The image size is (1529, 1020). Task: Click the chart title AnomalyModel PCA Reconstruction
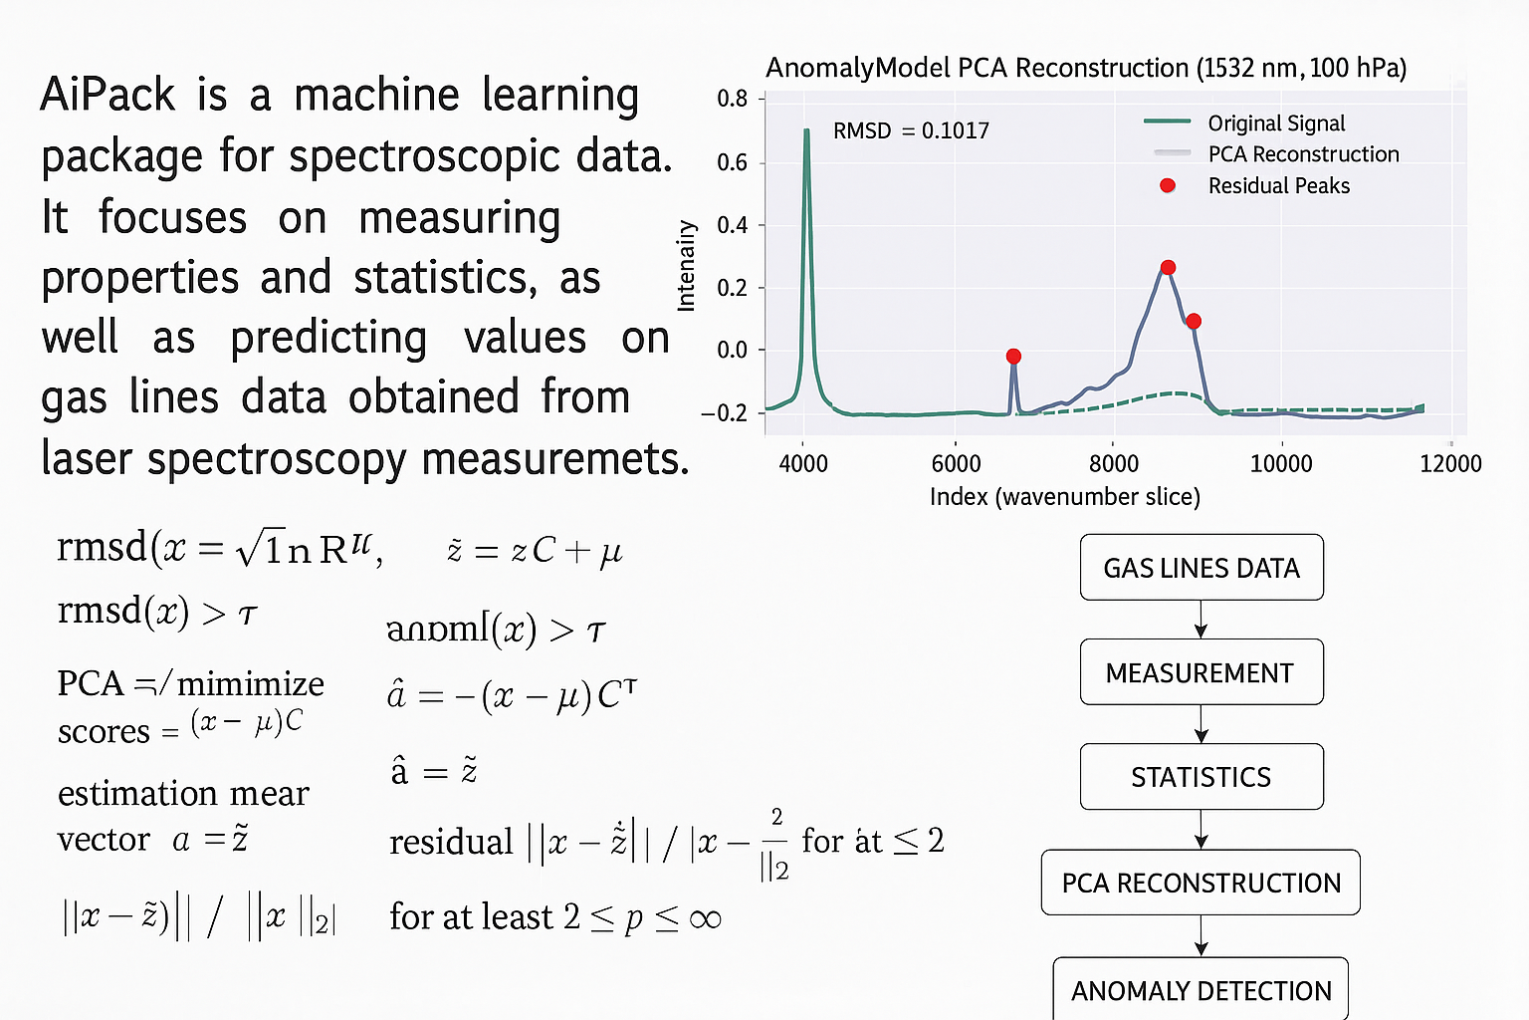[x=1085, y=68]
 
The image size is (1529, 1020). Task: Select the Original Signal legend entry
[x=1275, y=124]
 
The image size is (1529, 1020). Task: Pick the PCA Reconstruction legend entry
[x=1303, y=154]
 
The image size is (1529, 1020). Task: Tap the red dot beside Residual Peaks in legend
[x=1168, y=185]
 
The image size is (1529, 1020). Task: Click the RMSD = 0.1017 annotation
[x=911, y=130]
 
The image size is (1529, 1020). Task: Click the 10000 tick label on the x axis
[x=1280, y=464]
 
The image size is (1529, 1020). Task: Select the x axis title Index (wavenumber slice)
[x=1064, y=497]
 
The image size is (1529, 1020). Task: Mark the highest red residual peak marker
[x=1168, y=267]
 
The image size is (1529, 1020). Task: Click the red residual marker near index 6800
[x=1013, y=357]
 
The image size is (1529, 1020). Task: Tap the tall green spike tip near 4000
[x=806, y=132]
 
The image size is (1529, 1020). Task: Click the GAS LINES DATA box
[x=1201, y=568]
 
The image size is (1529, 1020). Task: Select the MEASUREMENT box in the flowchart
[x=1201, y=672]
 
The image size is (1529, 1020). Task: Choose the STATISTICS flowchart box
[x=1201, y=777]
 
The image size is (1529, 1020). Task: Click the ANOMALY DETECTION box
[x=1201, y=990]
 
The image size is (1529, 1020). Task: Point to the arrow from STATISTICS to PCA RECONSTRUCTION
[x=1201, y=830]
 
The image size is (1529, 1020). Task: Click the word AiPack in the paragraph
[x=108, y=96]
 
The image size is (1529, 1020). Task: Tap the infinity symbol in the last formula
[x=705, y=918]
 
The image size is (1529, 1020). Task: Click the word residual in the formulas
[x=451, y=843]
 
